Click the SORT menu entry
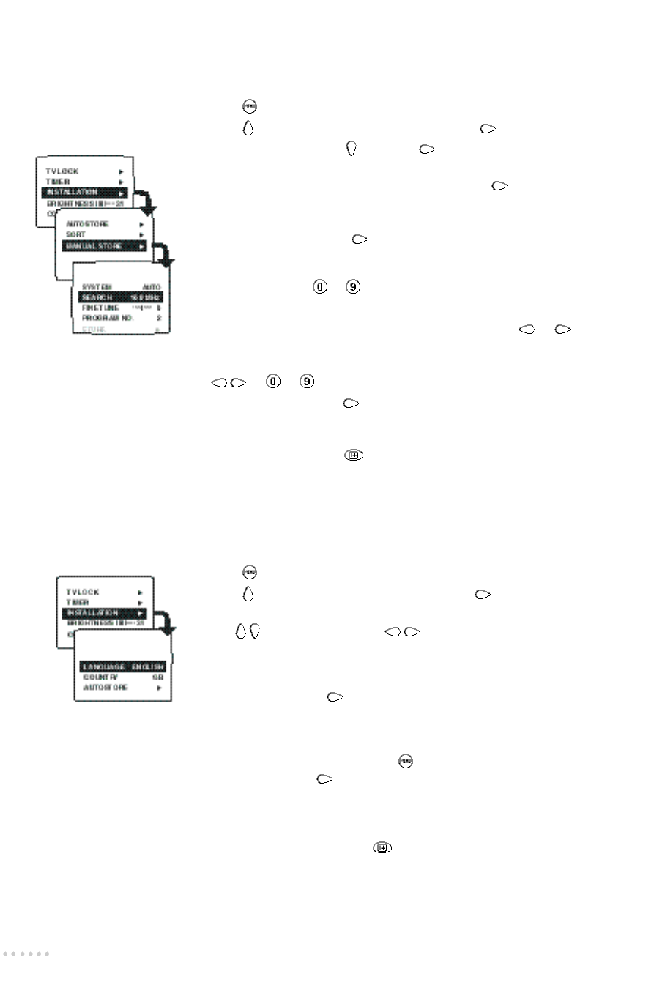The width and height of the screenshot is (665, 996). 76,234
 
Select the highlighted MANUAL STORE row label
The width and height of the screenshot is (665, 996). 94,246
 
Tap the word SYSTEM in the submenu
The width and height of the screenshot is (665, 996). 97,287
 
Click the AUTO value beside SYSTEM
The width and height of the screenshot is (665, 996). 152,287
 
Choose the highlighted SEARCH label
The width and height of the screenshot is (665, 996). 97,297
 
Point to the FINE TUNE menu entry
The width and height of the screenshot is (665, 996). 100,308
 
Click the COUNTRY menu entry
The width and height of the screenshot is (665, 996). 100,677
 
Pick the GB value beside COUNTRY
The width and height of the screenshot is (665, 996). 157,677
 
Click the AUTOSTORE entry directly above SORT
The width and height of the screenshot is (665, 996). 87,224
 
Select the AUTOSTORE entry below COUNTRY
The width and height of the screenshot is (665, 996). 105,688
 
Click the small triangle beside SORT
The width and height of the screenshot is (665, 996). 141,234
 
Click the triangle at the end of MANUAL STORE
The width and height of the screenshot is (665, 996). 141,247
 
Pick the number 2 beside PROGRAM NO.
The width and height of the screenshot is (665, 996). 158,319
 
